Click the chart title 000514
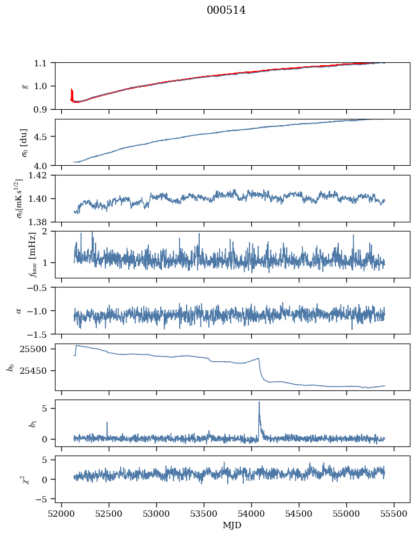pyautogui.click(x=226, y=10)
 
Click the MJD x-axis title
pyautogui.click(x=232, y=525)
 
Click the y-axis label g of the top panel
pyautogui.click(x=25, y=86)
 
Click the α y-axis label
pyautogui.click(x=19, y=310)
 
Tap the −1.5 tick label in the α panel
pyautogui.click(x=40, y=334)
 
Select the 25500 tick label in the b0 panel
pyautogui.click(x=38, y=349)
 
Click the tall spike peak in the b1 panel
pyautogui.click(x=259, y=402)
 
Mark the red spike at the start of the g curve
pyautogui.click(x=72, y=90)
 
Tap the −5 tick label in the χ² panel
pyautogui.click(x=44, y=499)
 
